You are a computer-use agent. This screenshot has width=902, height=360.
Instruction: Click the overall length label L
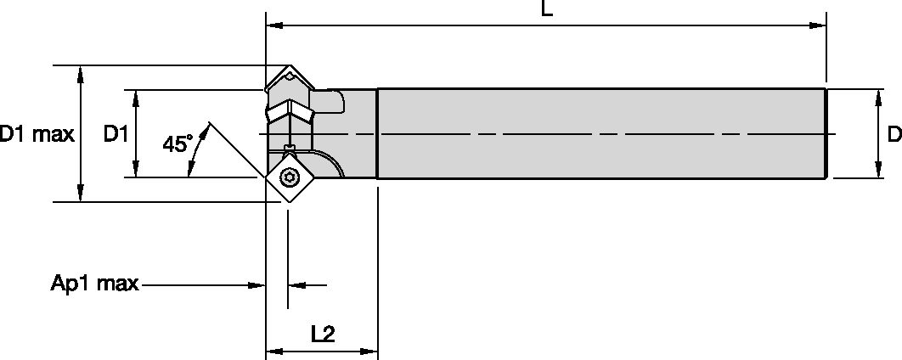[x=547, y=10]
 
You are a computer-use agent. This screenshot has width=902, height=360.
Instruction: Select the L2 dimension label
[x=322, y=334]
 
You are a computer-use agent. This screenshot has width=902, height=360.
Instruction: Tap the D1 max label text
[x=37, y=134]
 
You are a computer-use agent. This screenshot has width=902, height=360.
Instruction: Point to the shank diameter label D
[x=893, y=134]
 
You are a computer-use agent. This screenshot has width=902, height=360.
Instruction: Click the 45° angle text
[x=178, y=143]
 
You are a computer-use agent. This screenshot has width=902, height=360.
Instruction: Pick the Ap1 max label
[x=94, y=284]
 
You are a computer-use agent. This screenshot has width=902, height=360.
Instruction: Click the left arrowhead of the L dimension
[x=274, y=25]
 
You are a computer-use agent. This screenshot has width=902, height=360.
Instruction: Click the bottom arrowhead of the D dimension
[x=877, y=171]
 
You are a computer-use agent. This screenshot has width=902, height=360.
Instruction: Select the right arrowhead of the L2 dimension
[x=369, y=351]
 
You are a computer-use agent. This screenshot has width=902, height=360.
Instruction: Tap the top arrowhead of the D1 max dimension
[x=81, y=73]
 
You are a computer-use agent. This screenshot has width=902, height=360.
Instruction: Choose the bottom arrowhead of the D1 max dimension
[x=81, y=194]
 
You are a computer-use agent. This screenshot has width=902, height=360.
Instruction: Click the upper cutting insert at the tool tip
[x=287, y=83]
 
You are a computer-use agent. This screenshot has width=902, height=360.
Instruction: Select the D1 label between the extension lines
[x=116, y=134]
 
